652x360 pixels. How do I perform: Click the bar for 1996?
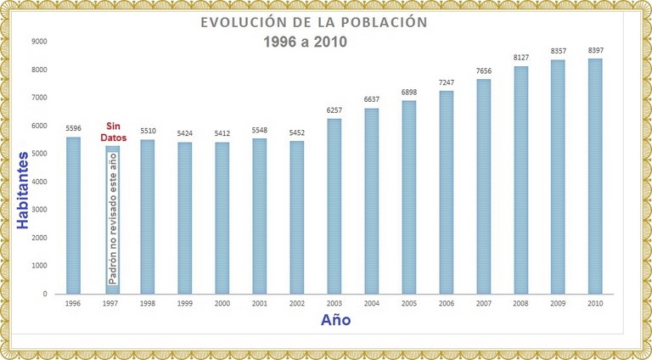(73, 216)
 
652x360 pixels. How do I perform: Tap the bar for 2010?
(595, 176)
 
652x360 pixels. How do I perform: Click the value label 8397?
(595, 51)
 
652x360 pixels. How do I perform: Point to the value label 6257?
(334, 111)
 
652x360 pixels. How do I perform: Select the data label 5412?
(222, 134)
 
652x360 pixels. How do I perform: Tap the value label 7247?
(446, 83)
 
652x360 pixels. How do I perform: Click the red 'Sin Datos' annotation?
(110, 132)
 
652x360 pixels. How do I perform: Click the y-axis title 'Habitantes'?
(24, 190)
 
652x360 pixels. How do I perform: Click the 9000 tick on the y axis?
(39, 42)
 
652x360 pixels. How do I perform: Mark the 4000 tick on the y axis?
(39, 182)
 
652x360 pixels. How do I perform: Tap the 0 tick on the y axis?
(45, 294)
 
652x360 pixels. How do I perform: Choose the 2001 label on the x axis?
(259, 302)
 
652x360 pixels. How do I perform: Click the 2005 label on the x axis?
(408, 302)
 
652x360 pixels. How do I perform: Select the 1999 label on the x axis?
(184, 302)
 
